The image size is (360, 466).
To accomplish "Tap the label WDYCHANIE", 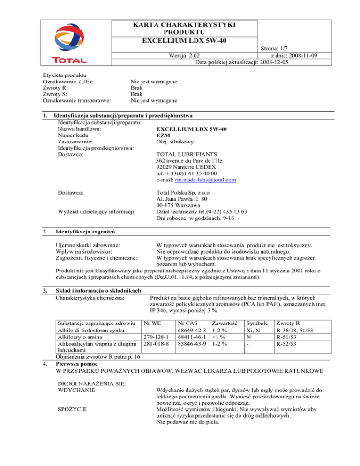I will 76,390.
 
